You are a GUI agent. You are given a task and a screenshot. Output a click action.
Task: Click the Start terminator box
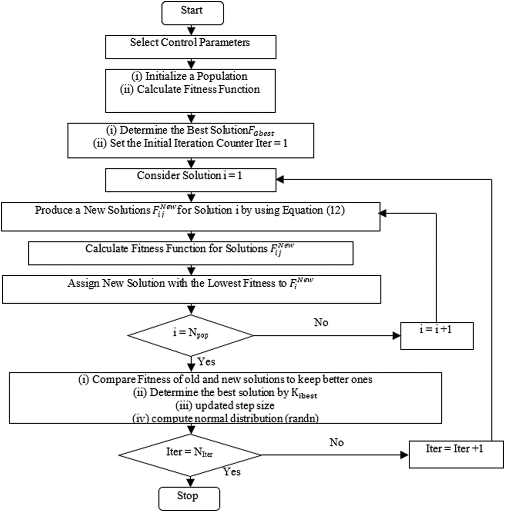coord(192,13)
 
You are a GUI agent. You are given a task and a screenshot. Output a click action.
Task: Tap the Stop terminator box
coord(189,498)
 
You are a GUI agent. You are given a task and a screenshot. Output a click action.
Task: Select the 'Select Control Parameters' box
coord(191,47)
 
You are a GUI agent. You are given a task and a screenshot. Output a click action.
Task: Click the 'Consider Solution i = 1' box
coord(191,180)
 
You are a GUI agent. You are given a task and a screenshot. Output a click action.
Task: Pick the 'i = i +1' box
coord(437,336)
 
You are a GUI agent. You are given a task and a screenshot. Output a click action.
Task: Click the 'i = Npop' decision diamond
coord(191,335)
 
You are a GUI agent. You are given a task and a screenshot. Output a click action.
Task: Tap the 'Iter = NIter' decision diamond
coord(190,455)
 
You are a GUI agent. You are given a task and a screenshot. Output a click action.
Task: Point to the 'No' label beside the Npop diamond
coord(321,322)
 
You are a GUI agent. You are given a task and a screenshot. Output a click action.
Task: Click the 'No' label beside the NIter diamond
coord(336,442)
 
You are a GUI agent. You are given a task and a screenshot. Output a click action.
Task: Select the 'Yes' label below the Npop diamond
coord(206,362)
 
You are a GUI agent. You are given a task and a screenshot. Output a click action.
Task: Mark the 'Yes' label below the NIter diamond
coord(232,472)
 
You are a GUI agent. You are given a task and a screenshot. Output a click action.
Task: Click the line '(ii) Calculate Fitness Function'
coord(190,89)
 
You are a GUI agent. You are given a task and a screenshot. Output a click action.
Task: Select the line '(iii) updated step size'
coord(225,405)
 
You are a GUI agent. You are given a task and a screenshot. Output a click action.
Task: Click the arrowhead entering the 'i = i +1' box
coord(397,336)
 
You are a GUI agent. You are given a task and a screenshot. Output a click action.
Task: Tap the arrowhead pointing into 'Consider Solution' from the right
coord(280,180)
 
